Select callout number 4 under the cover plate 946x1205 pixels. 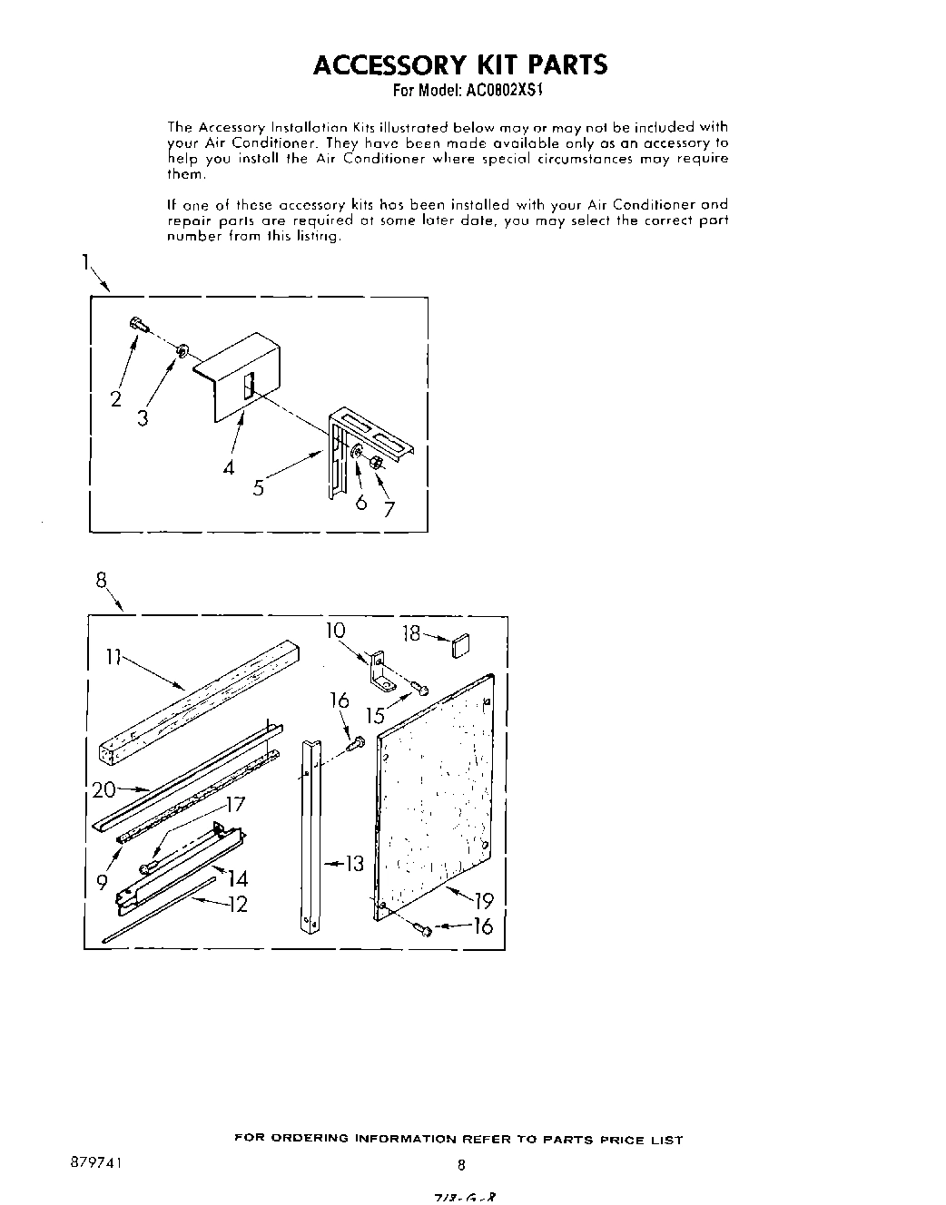pos(229,467)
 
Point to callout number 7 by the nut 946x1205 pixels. pos(389,509)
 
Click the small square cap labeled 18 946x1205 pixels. pos(460,649)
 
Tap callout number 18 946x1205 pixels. pos(412,633)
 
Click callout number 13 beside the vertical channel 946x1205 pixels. pos(353,863)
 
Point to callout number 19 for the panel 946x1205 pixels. pos(483,900)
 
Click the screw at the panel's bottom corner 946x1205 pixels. pos(421,927)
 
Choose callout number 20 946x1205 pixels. pos(103,790)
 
